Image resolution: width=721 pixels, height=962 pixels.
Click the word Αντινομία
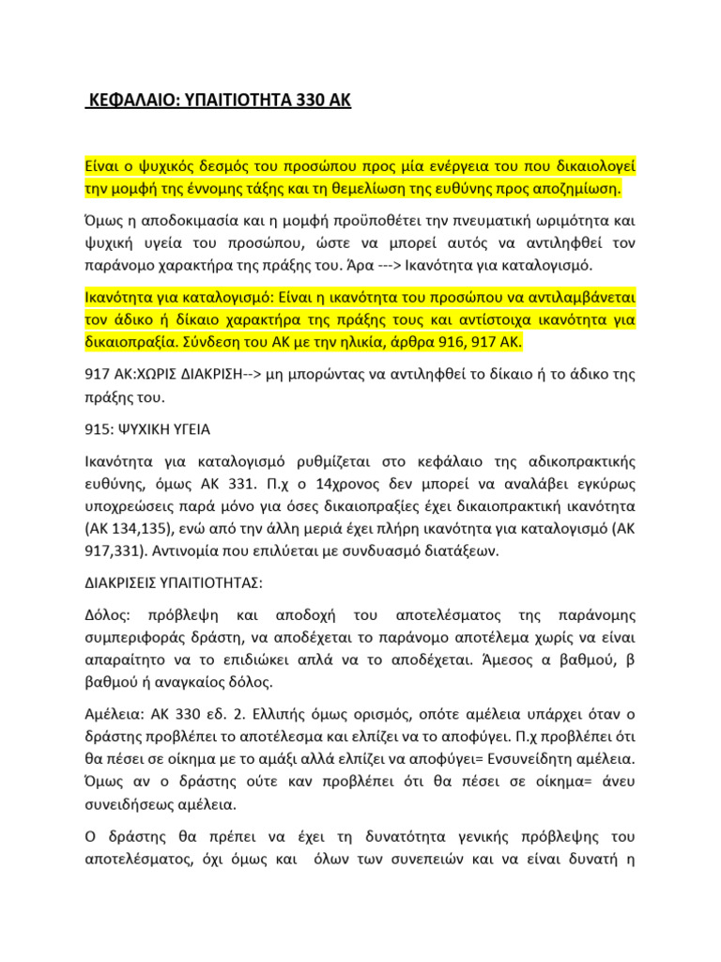pyautogui.click(x=186, y=550)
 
